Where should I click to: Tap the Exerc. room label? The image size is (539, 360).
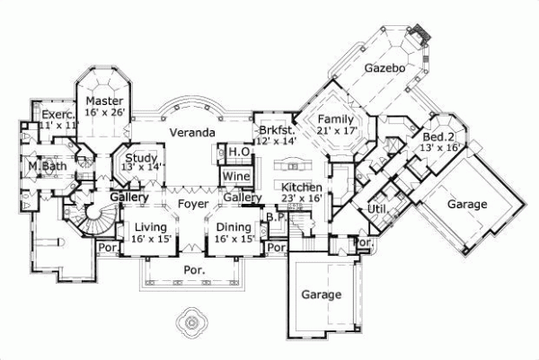pyautogui.click(x=45, y=116)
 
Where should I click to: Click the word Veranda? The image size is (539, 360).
pyautogui.click(x=192, y=133)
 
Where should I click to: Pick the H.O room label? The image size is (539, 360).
pyautogui.click(x=237, y=154)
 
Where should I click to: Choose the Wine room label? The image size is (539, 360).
pyautogui.click(x=236, y=176)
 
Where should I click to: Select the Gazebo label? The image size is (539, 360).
pyautogui.click(x=384, y=68)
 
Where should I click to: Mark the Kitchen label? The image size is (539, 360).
pyautogui.click(x=302, y=187)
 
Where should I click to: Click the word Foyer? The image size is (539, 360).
pyautogui.click(x=192, y=204)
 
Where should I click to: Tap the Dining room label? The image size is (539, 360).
pyautogui.click(x=233, y=228)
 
